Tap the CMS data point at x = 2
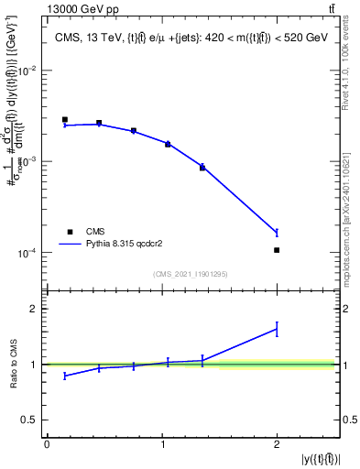pyautogui.click(x=277, y=249)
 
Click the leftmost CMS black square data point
pyautogui.click(x=65, y=119)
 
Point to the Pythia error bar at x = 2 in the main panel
pyautogui.click(x=277, y=233)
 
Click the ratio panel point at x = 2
pyautogui.click(x=277, y=328)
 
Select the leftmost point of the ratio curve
pyautogui.click(x=65, y=376)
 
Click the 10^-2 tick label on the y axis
pyautogui.click(x=27, y=71)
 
